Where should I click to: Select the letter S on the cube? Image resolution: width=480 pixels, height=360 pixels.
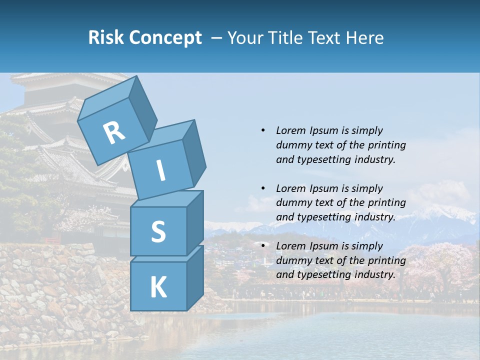coord(158,231)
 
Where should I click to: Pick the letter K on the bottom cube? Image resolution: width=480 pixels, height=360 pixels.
coord(158,287)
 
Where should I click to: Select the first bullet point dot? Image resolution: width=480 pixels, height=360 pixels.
coord(263,130)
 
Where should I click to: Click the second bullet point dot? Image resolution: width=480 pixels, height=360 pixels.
coord(263,188)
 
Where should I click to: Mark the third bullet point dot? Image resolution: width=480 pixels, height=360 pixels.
coord(263,246)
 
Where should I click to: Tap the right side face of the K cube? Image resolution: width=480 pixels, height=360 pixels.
coord(195,277)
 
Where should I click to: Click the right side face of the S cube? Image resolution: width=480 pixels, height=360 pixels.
coord(195,222)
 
